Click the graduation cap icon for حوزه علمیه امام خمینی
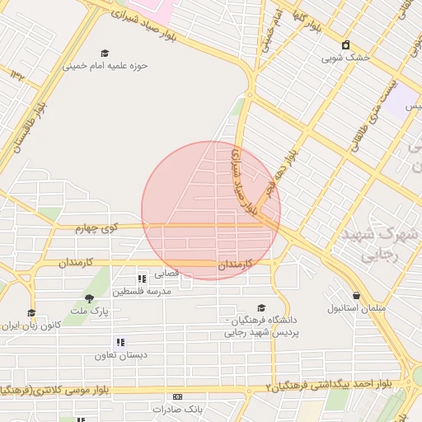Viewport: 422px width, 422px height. point(104,53)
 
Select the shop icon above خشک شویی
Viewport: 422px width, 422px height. point(345,45)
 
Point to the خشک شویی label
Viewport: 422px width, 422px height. point(345,58)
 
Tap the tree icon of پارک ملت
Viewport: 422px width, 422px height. point(90,298)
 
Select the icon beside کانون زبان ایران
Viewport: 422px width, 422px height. point(31,312)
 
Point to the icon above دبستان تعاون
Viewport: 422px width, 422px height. point(120,341)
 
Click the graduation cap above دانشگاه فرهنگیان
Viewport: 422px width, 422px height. point(261,307)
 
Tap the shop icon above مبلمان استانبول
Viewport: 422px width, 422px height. point(356,295)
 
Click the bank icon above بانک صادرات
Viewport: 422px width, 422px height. point(177,396)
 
